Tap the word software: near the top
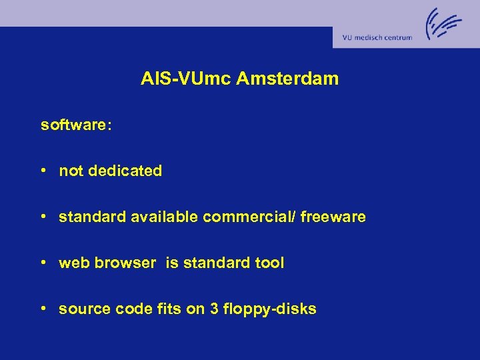point(76,125)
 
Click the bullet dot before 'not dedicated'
point(43,171)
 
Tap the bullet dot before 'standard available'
point(43,217)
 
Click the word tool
point(269,263)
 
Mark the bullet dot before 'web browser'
point(43,263)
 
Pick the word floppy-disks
point(270,309)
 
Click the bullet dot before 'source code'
point(43,309)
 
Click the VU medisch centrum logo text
point(377,37)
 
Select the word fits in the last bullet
point(157,309)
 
